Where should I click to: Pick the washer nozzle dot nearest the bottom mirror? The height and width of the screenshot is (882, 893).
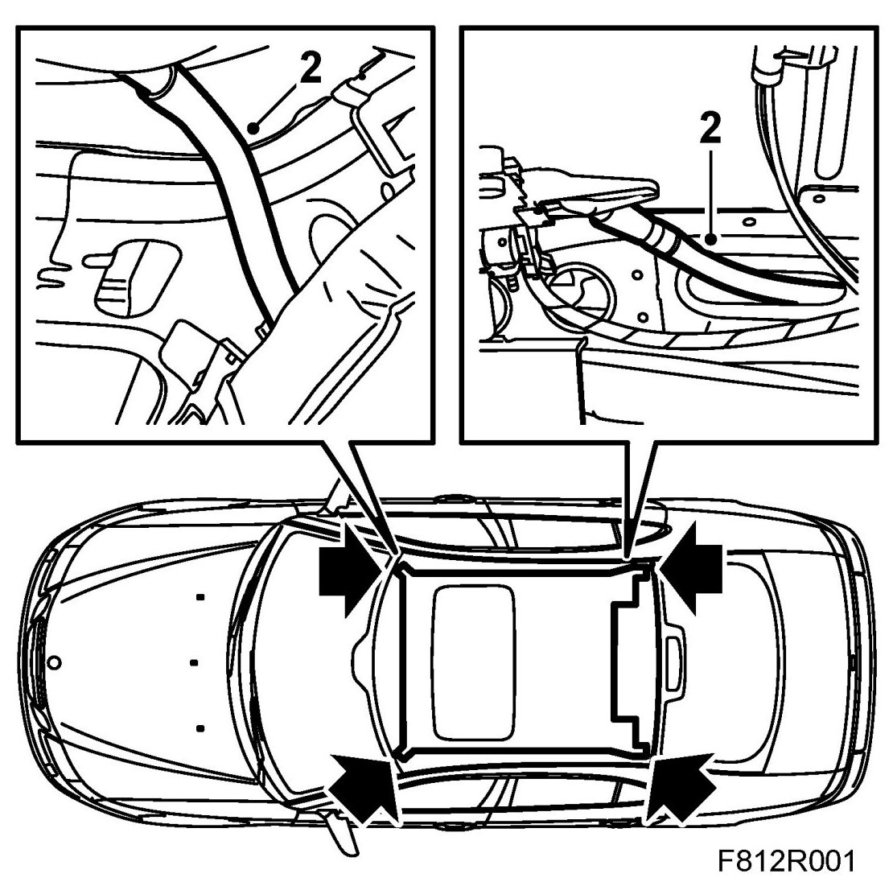199,728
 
